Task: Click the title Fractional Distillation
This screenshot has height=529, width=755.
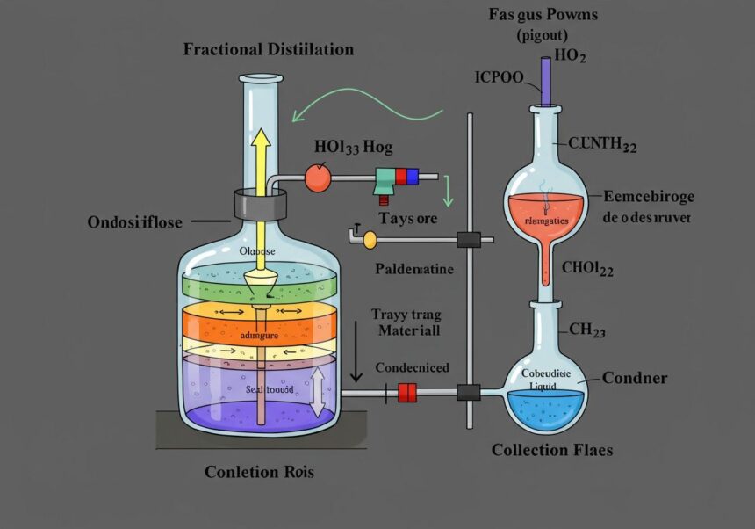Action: point(268,49)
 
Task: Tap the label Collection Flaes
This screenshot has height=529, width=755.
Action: point(552,450)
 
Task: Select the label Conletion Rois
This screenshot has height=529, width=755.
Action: point(259,472)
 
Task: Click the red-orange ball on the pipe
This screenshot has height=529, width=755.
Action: point(317,178)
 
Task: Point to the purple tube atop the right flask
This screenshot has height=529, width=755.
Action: point(546,80)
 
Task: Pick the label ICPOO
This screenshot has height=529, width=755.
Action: point(498,76)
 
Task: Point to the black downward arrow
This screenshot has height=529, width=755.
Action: point(356,351)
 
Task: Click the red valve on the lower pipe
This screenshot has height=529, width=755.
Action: point(407,393)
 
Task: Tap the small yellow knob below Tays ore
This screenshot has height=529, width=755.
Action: point(369,238)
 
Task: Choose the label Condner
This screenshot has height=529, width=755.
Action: point(635,379)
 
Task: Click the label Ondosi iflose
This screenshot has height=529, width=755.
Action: point(135,222)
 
